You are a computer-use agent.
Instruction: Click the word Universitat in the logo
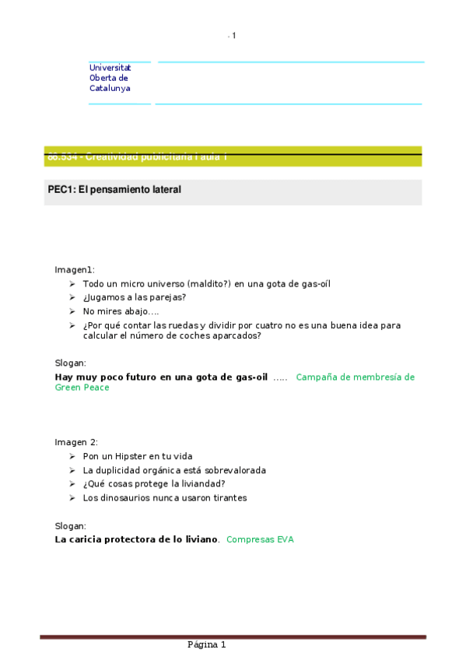[110, 68]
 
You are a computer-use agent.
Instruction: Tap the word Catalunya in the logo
[110, 88]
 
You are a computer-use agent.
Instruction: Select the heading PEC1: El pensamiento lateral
[114, 189]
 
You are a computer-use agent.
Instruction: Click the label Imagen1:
[74, 269]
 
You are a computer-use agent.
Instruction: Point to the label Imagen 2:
[75, 441]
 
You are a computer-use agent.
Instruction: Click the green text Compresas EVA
[260, 539]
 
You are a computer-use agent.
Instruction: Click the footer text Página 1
[206, 645]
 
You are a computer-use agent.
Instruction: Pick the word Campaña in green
[317, 377]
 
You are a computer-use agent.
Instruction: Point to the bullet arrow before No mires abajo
[72, 311]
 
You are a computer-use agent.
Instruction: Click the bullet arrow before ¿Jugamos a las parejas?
[72, 297]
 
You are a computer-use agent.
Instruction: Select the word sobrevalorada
[235, 470]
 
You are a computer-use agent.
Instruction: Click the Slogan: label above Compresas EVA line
[70, 525]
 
